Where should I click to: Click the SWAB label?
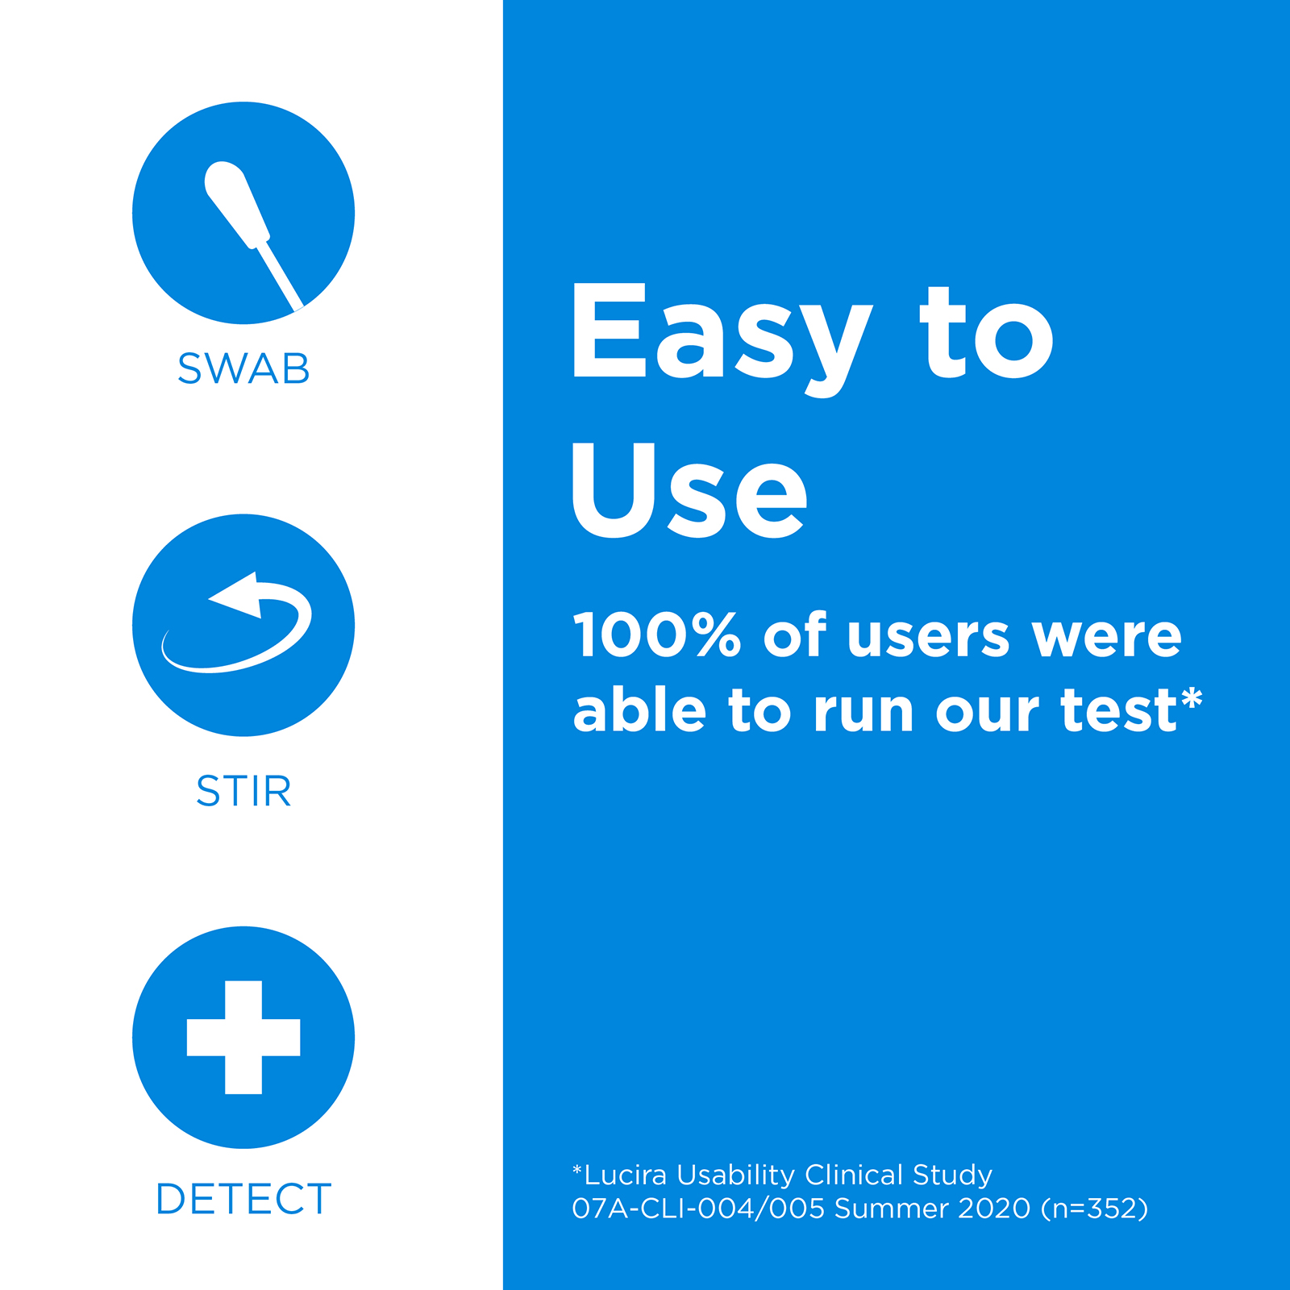[x=243, y=369]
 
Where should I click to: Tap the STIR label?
[x=243, y=791]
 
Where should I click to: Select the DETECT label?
[x=243, y=1199]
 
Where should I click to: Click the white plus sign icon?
[x=243, y=1038]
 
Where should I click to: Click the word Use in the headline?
[x=689, y=490]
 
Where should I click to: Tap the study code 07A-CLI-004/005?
[x=698, y=1209]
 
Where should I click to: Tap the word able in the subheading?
[x=639, y=709]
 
